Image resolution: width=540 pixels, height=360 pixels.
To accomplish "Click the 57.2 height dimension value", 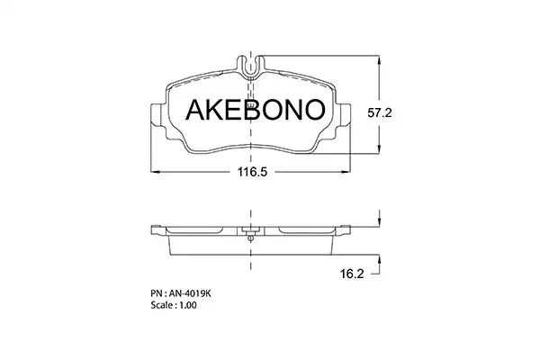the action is pyautogui.click(x=380, y=112).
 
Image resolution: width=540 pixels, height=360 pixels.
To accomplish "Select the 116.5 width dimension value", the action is pyautogui.click(x=252, y=172).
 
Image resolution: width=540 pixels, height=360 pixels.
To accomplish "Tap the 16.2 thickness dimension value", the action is pyautogui.click(x=352, y=274).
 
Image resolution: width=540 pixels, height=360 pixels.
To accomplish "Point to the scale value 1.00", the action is pyautogui.click(x=187, y=305).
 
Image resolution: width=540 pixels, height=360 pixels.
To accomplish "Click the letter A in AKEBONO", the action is pyautogui.click(x=196, y=110).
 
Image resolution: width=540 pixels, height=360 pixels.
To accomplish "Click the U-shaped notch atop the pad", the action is pyautogui.click(x=251, y=67).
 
